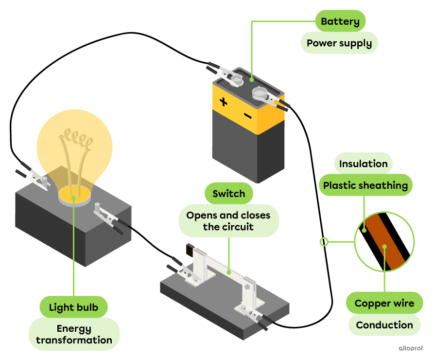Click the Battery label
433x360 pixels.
[x=340, y=21]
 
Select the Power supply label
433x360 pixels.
[x=339, y=43]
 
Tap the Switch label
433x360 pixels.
[x=228, y=194]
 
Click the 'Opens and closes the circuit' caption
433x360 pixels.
[x=228, y=221]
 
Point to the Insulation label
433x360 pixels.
[x=363, y=163]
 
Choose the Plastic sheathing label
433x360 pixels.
[x=365, y=185]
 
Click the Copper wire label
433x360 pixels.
[x=384, y=303]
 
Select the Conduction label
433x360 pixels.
[x=384, y=325]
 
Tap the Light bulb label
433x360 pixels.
[x=73, y=307]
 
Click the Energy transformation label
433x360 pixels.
[x=74, y=334]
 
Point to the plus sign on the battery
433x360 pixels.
[x=223, y=102]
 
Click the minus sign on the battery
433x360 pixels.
[x=247, y=115]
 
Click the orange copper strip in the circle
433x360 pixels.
[x=384, y=241]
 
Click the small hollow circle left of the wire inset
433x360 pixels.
[x=324, y=241]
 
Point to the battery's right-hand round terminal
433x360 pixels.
[x=259, y=92]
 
